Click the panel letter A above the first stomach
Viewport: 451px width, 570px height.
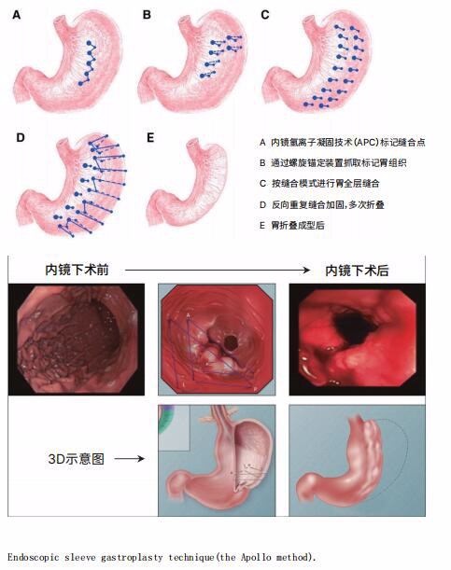point(17,15)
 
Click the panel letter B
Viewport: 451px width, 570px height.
point(147,15)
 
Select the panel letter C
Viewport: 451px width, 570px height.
point(265,15)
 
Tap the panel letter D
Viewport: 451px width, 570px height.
point(20,138)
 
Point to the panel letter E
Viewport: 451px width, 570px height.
point(150,138)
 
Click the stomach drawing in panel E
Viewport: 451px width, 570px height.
point(188,182)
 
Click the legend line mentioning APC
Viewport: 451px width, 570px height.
point(343,143)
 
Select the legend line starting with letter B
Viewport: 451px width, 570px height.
point(332,163)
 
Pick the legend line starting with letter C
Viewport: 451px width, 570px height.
point(319,183)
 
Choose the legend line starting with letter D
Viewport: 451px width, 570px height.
point(322,204)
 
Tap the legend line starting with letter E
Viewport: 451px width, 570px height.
point(292,226)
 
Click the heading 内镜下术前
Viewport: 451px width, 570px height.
point(77,271)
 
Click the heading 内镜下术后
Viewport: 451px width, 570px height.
point(357,271)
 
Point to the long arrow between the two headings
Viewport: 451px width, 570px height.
point(218,271)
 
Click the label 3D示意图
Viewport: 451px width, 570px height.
point(76,459)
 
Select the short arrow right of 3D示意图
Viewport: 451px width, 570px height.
point(130,459)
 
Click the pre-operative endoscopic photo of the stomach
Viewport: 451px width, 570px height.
point(77,340)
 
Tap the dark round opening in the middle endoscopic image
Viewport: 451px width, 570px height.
point(231,341)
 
